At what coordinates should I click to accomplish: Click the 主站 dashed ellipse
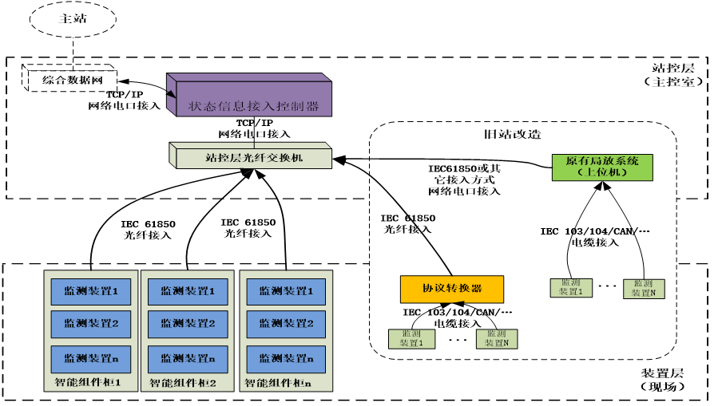click(73, 19)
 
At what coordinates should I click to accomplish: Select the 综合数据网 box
click(71, 79)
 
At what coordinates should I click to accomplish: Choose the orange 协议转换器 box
click(452, 288)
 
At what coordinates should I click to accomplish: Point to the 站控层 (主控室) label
click(676, 74)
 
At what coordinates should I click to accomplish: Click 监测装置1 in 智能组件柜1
click(89, 291)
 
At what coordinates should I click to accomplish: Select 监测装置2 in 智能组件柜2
click(187, 323)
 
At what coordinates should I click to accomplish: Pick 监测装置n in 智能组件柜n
click(285, 357)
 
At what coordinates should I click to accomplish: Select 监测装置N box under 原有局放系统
click(644, 288)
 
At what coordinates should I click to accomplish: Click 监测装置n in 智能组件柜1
click(89, 357)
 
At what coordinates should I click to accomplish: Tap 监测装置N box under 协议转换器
click(496, 338)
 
